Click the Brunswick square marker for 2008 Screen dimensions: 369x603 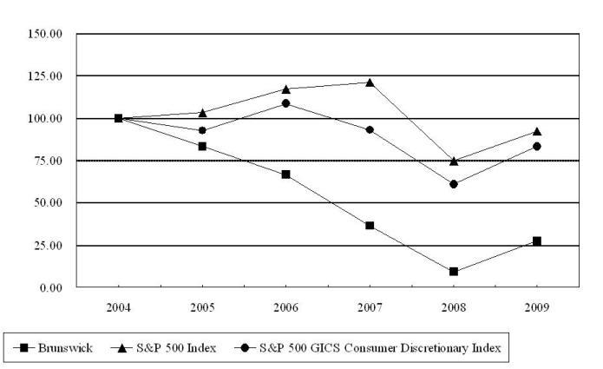tap(454, 272)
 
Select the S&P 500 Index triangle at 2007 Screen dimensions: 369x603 tap(370, 82)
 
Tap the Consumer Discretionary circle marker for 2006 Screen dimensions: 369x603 tap(286, 103)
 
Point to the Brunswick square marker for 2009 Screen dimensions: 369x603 tap(537, 241)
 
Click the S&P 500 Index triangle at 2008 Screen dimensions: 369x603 tap(454, 161)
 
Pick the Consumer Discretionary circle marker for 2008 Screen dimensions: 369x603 tap(454, 184)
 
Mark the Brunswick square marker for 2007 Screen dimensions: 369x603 tap(370, 226)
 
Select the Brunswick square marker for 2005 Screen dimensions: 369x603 tap(202, 146)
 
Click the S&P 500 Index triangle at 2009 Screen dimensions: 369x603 tap(537, 132)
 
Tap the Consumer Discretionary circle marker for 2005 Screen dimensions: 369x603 tap(202, 130)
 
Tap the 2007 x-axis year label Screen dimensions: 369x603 tap(370, 307)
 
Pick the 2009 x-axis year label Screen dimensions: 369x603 tap(537, 307)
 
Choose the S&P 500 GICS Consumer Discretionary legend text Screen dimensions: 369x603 tap(383, 348)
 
